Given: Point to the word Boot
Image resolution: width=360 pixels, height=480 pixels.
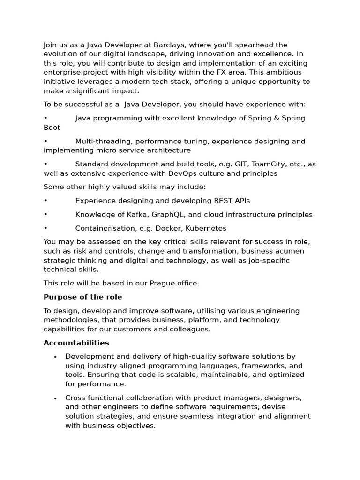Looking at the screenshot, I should pyautogui.click(x=52, y=127).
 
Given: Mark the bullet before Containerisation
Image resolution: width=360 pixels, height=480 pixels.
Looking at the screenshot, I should pyautogui.click(x=45, y=228).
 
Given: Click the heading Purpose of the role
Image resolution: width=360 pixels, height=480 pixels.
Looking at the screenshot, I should pyautogui.click(x=82, y=297).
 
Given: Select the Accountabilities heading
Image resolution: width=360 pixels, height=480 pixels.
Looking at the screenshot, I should pyautogui.click(x=76, y=343).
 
